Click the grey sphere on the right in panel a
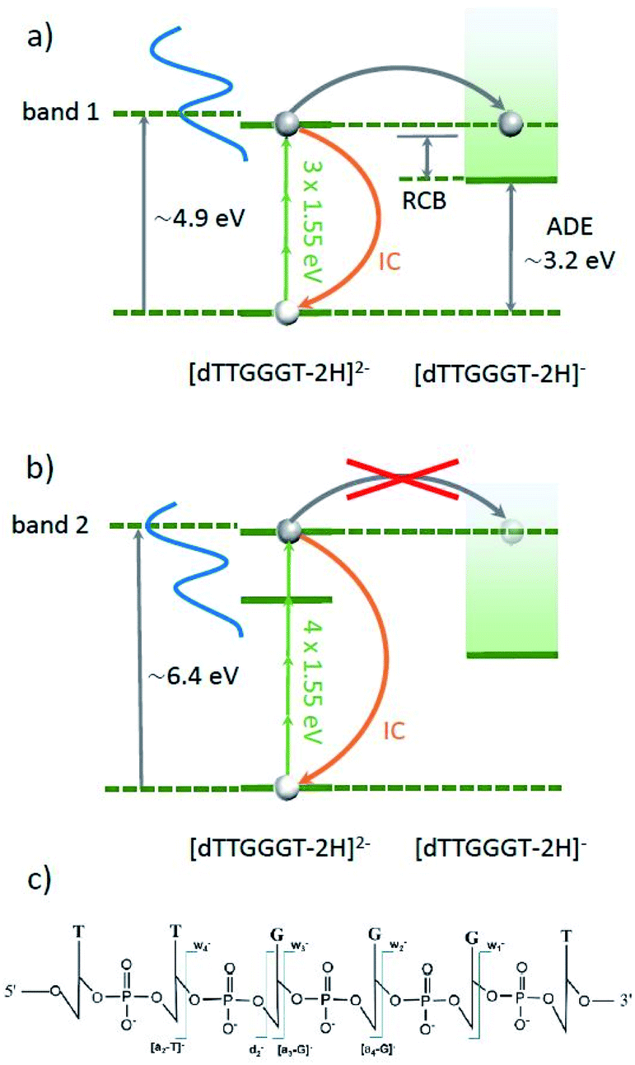click(511, 123)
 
